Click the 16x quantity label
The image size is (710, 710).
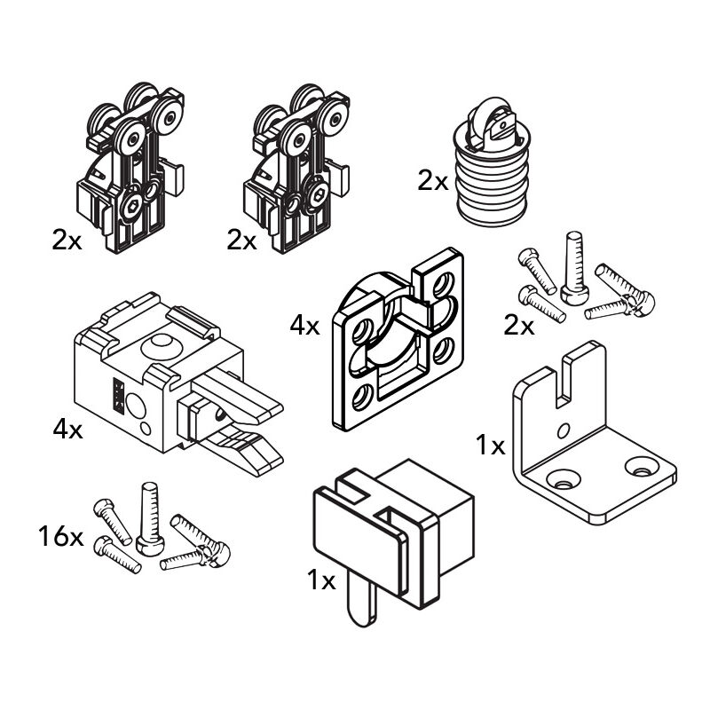click(60, 537)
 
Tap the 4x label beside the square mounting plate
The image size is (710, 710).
click(304, 326)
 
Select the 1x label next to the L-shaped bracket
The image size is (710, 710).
click(490, 446)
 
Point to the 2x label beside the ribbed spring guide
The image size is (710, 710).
click(433, 181)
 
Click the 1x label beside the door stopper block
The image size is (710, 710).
click(321, 581)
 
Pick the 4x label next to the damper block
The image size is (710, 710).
click(67, 430)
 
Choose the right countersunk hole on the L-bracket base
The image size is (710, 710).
click(638, 465)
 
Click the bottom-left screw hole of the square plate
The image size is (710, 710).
click(361, 397)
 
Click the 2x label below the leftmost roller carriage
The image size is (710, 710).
click(67, 240)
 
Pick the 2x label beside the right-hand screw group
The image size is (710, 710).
click(519, 326)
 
